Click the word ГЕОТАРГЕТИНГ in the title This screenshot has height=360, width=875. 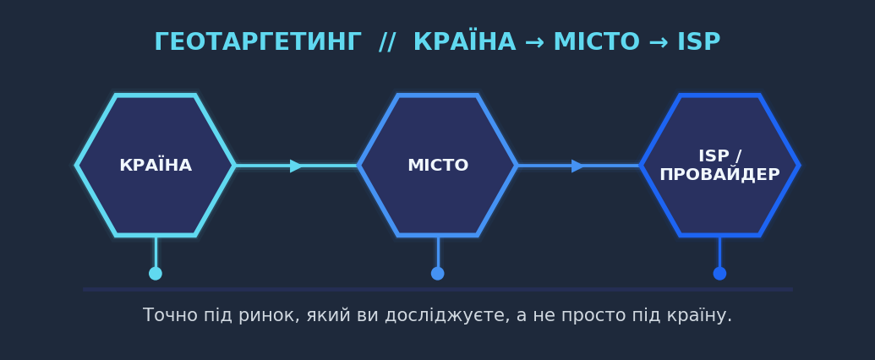258,42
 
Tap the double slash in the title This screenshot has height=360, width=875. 387,42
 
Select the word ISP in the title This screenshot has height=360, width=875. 698,42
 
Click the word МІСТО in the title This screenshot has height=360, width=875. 596,42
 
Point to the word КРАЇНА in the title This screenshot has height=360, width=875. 464,41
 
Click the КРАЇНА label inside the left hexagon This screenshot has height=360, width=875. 156,165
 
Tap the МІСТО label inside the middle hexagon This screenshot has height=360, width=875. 438,166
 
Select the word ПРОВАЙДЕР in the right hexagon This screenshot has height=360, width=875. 719,175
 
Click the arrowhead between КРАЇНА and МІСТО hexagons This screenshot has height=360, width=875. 297,166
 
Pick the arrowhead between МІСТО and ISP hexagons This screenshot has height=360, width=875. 578,166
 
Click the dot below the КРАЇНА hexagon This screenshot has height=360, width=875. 156,274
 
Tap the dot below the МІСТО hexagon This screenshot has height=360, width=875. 438,274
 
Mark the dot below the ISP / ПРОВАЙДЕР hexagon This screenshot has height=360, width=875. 719,274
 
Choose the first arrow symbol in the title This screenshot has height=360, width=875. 534,43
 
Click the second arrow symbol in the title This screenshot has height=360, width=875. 658,43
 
